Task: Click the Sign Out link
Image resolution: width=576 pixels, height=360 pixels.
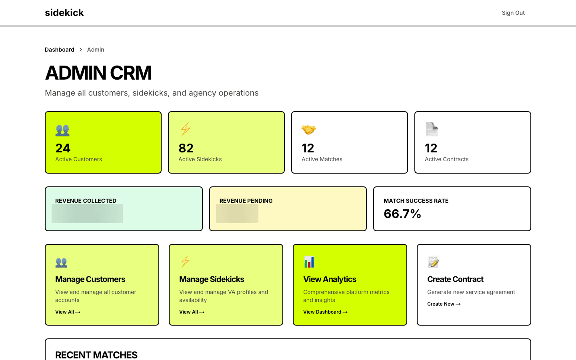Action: point(513,13)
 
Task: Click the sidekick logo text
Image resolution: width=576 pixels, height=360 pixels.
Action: point(64,13)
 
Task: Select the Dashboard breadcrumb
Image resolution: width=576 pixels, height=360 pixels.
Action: point(60,50)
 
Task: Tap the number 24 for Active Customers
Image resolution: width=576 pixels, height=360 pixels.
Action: point(63,148)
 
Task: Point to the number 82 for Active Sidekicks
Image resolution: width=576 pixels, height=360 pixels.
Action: point(186,148)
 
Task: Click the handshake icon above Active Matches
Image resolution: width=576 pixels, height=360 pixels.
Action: point(308,130)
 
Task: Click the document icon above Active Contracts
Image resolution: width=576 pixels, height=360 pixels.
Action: point(432,129)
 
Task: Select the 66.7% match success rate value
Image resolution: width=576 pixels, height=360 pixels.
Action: point(402,214)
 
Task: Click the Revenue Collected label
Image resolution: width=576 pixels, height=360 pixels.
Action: point(86,201)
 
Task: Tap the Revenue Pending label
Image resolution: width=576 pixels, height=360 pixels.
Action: point(246,201)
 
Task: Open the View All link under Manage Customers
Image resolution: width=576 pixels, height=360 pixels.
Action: point(68,312)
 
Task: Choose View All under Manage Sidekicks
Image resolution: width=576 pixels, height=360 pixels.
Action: point(192,312)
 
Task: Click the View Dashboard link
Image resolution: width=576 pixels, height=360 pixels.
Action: point(325,312)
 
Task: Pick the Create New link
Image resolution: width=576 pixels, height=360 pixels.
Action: point(444,304)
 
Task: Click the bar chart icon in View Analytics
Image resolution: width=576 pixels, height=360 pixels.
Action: point(309,262)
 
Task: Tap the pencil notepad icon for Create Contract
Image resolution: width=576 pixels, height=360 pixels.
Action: point(433,262)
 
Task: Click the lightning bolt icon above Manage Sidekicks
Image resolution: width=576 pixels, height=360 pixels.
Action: point(185,262)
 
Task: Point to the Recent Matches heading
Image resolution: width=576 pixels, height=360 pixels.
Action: point(96,355)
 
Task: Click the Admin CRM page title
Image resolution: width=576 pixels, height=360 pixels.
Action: point(98,73)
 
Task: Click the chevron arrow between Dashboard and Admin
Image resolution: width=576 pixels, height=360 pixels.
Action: point(81,50)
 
